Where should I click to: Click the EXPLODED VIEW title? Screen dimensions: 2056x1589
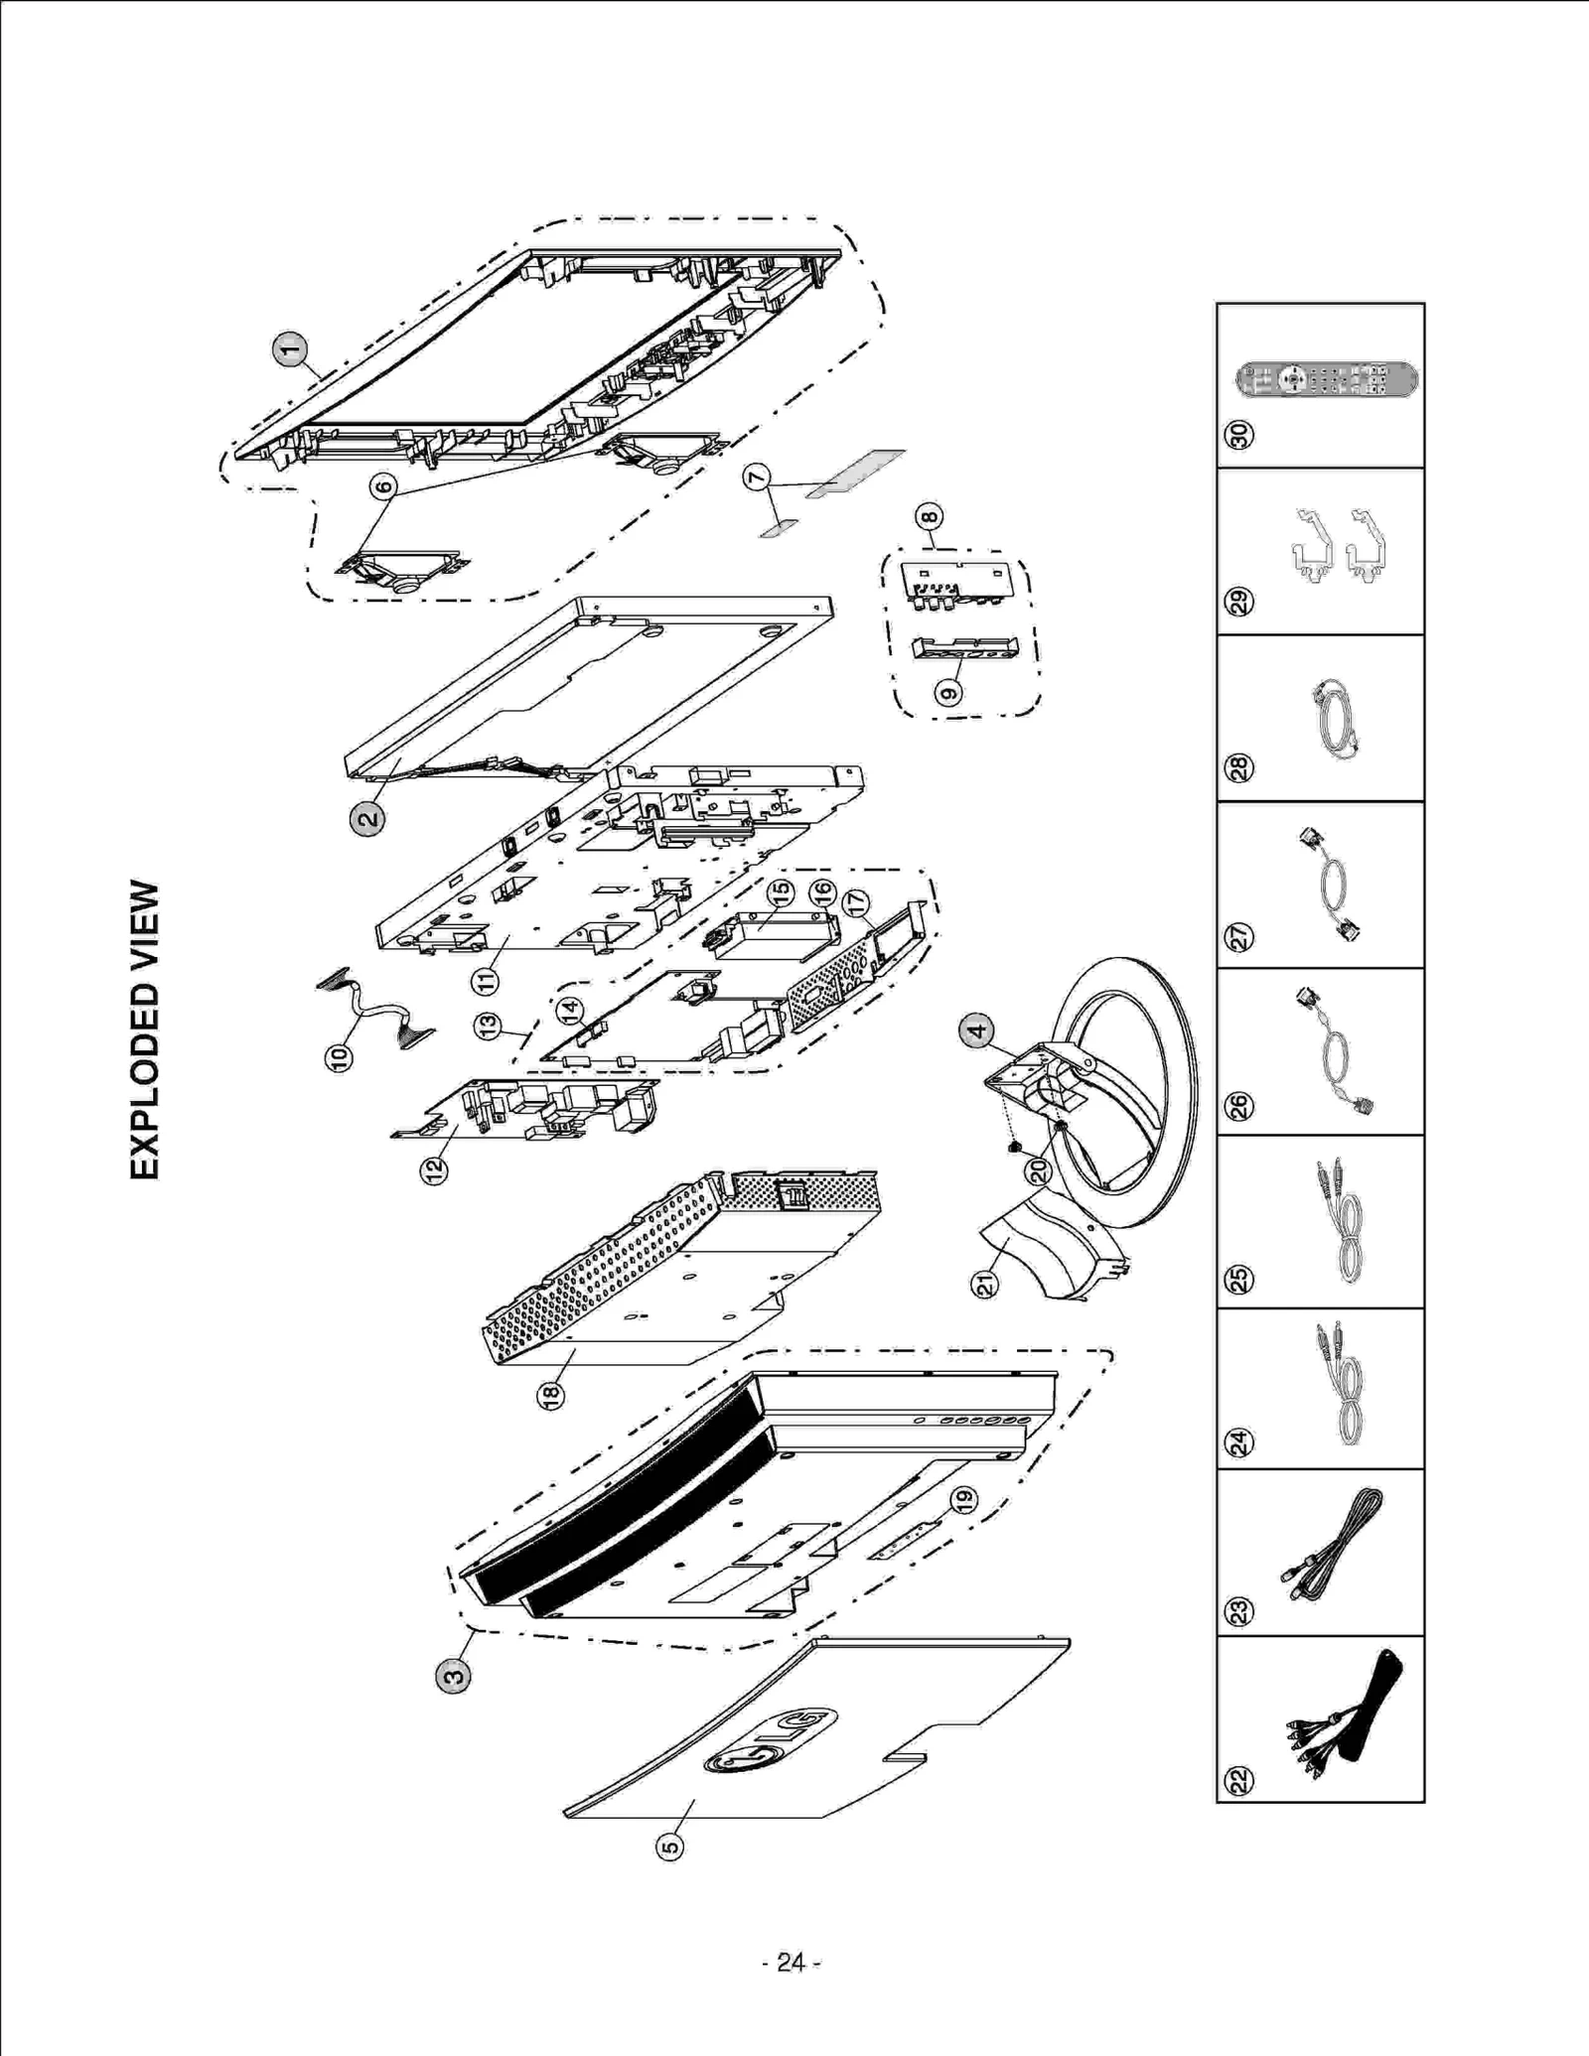pyautogui.click(x=145, y=1029)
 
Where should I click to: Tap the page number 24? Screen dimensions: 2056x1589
pyautogui.click(x=791, y=1963)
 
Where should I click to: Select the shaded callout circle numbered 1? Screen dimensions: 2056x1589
pyautogui.click(x=290, y=349)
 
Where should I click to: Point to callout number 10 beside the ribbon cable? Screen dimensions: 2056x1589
pyautogui.click(x=339, y=1057)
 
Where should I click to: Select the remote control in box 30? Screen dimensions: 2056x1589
pyautogui.click(x=1326, y=380)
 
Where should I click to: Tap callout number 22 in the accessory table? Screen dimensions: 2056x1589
pyautogui.click(x=1240, y=1780)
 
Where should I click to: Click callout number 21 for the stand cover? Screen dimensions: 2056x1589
pyautogui.click(x=985, y=1284)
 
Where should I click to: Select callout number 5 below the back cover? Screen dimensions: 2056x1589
pyautogui.click(x=670, y=1847)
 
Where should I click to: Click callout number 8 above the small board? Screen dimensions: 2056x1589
pyautogui.click(x=930, y=516)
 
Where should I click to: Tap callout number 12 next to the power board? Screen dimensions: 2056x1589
pyautogui.click(x=434, y=1169)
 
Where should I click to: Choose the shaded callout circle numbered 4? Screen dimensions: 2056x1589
pyautogui.click(x=977, y=1030)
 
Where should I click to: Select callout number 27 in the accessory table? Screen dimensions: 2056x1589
pyautogui.click(x=1240, y=936)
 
